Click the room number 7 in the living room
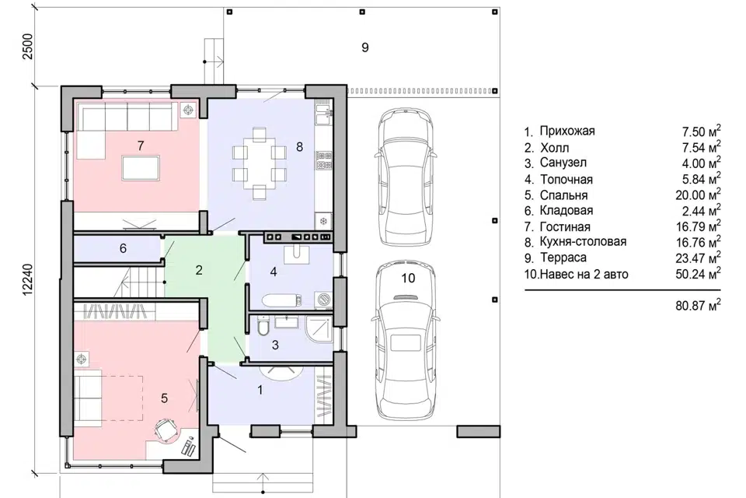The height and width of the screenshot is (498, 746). pyautogui.click(x=141, y=146)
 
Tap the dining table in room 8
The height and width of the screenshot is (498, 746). pyautogui.click(x=260, y=162)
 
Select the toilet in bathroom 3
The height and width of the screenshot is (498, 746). pyautogui.click(x=262, y=327)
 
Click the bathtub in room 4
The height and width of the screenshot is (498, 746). pyautogui.click(x=281, y=301)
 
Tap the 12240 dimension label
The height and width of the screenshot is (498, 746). pyautogui.click(x=29, y=280)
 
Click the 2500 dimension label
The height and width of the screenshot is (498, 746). pyautogui.click(x=29, y=47)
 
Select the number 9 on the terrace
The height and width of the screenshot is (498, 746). pyautogui.click(x=365, y=47)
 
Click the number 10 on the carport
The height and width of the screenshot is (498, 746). pyautogui.click(x=408, y=278)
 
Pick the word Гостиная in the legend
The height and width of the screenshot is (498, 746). pyautogui.click(x=565, y=227)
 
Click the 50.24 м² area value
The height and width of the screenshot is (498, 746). pyautogui.click(x=698, y=274)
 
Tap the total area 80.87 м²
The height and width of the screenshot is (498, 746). pyautogui.click(x=698, y=305)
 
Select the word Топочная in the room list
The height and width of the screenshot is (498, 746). pyautogui.click(x=566, y=180)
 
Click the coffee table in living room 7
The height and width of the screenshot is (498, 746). pyautogui.click(x=141, y=167)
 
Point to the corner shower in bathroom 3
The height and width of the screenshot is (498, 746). pyautogui.click(x=319, y=328)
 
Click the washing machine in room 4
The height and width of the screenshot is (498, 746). pyautogui.click(x=325, y=300)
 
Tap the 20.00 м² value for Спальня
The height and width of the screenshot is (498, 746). pyautogui.click(x=698, y=195)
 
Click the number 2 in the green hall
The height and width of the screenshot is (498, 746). pyautogui.click(x=199, y=270)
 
